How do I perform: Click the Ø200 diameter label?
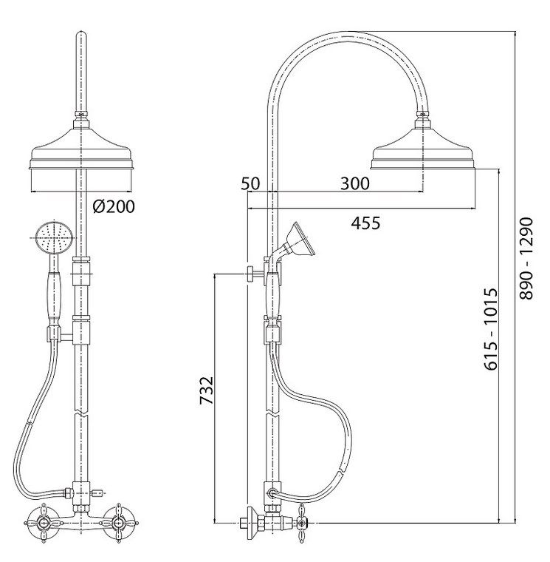[x=114, y=206]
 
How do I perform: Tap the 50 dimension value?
[x=250, y=183]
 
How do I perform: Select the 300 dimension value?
[x=354, y=183]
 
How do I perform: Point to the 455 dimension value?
[x=365, y=223]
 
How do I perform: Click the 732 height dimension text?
[x=207, y=390]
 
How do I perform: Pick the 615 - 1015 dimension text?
[x=491, y=328]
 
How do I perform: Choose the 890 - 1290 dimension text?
[x=526, y=258]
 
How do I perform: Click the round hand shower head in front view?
[x=55, y=237]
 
